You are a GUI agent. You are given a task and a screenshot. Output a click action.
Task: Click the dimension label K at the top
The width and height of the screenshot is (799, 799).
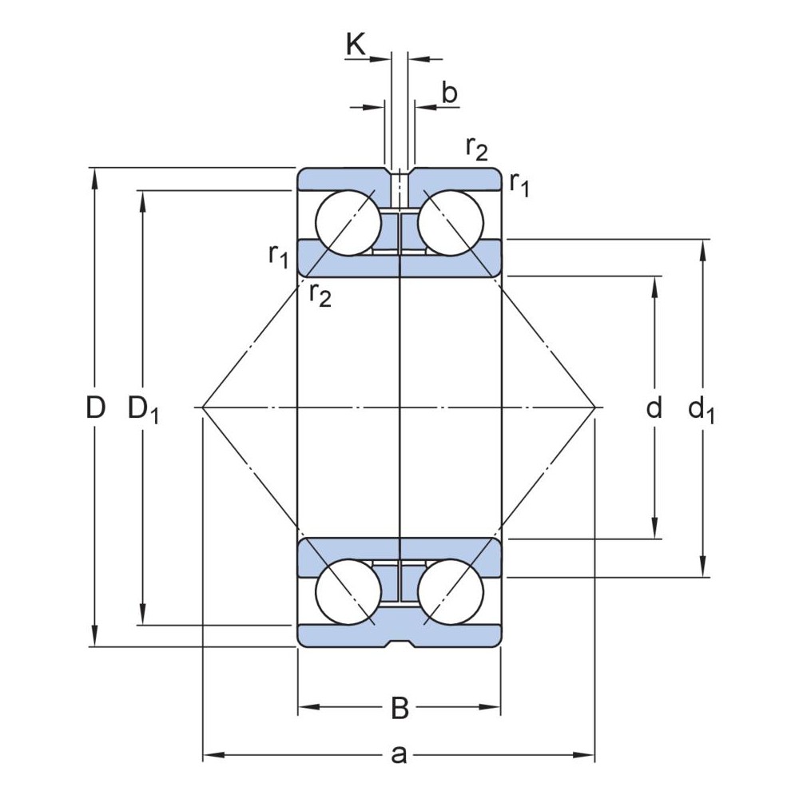(x=356, y=45)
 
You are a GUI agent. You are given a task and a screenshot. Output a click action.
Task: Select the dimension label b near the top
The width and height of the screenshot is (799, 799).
(x=449, y=93)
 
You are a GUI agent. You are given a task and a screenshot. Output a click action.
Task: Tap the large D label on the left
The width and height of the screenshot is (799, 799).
(x=96, y=408)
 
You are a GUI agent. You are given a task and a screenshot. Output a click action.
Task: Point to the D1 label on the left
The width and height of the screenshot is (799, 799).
(x=144, y=410)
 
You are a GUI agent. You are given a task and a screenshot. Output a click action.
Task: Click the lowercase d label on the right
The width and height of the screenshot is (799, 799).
(x=654, y=408)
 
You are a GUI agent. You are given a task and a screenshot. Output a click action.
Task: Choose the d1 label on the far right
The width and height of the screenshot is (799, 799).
(x=702, y=410)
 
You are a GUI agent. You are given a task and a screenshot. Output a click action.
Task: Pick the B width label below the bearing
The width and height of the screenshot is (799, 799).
(x=399, y=707)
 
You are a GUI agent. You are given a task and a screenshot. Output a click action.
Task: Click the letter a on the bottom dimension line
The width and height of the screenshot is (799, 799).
(x=399, y=753)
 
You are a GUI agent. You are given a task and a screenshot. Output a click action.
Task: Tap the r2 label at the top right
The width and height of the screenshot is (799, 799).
(x=476, y=149)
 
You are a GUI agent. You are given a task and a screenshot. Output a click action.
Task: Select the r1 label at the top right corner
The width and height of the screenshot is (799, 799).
(x=519, y=185)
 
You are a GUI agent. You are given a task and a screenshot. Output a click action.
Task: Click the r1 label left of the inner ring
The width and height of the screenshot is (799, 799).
(x=278, y=256)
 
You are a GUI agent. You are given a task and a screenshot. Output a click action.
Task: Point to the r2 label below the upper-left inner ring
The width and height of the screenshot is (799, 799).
(x=320, y=295)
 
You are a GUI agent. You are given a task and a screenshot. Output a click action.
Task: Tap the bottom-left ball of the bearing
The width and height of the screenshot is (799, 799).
(x=348, y=592)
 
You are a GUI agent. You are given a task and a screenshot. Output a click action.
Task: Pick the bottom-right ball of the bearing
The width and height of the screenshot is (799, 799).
(x=450, y=592)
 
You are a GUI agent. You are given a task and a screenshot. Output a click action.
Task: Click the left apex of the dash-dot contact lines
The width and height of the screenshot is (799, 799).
(x=203, y=407)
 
